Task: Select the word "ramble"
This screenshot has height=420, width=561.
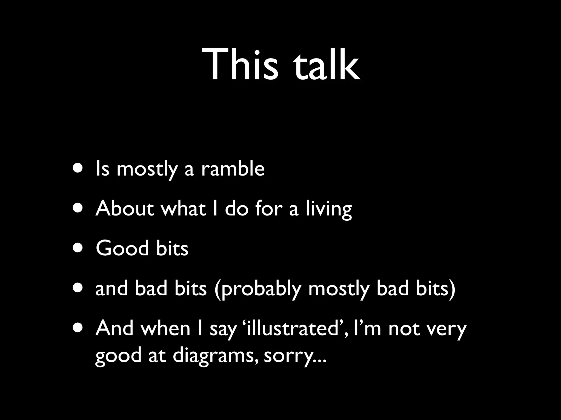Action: (233, 168)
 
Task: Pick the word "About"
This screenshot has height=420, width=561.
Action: (125, 208)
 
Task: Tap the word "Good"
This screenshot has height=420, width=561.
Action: (122, 248)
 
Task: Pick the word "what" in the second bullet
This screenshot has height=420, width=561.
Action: (183, 208)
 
